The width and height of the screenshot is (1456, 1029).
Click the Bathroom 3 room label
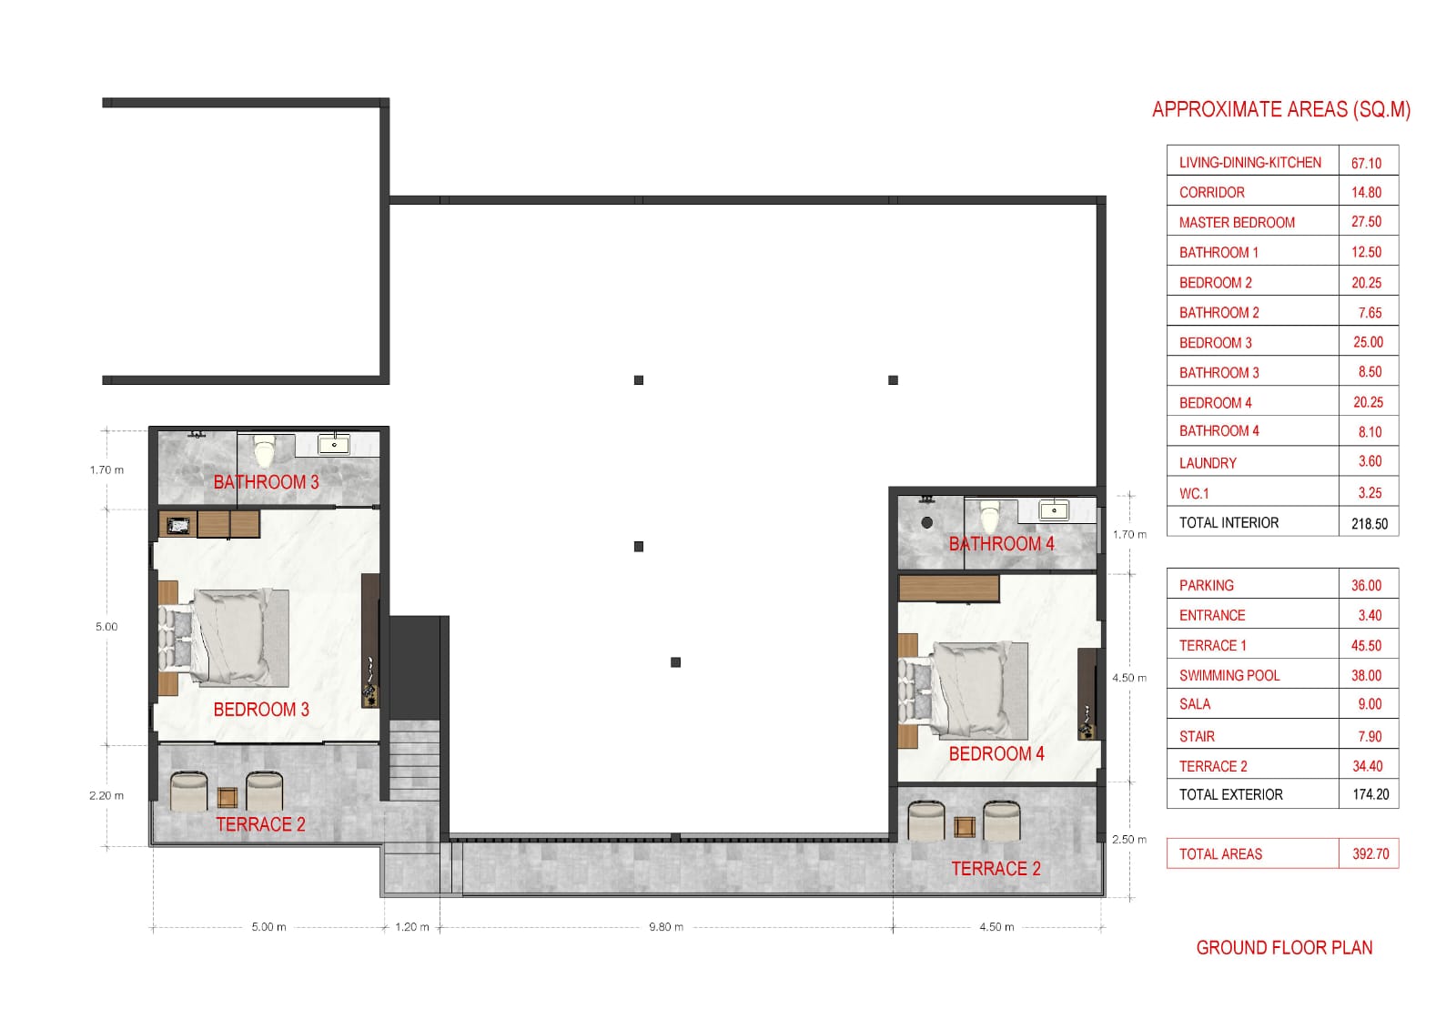[x=266, y=482]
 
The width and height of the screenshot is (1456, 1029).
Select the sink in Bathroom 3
[x=334, y=445]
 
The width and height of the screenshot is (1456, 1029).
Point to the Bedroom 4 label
[x=996, y=753]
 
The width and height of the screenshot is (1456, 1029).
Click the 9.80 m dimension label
[x=666, y=927]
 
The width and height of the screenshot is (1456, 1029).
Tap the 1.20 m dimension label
[x=412, y=927]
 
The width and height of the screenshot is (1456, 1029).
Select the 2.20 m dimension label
[x=106, y=795]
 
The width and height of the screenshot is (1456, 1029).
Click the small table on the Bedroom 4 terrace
[x=964, y=827]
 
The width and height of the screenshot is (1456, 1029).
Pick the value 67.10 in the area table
[x=1366, y=163]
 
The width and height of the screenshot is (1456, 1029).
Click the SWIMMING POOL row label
[x=1229, y=675]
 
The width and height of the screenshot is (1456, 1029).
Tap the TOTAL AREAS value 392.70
[x=1370, y=853]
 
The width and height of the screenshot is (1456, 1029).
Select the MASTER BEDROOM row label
[x=1237, y=222]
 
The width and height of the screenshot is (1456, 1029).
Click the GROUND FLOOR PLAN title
[x=1284, y=948]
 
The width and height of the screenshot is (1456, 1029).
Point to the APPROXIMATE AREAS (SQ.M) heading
[x=1281, y=110]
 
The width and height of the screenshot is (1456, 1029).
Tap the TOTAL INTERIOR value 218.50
[x=1370, y=523]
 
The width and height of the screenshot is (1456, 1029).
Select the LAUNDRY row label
[x=1208, y=462]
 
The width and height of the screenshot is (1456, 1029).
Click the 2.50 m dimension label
[x=1129, y=839]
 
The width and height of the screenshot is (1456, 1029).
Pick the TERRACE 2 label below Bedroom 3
[x=260, y=824]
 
